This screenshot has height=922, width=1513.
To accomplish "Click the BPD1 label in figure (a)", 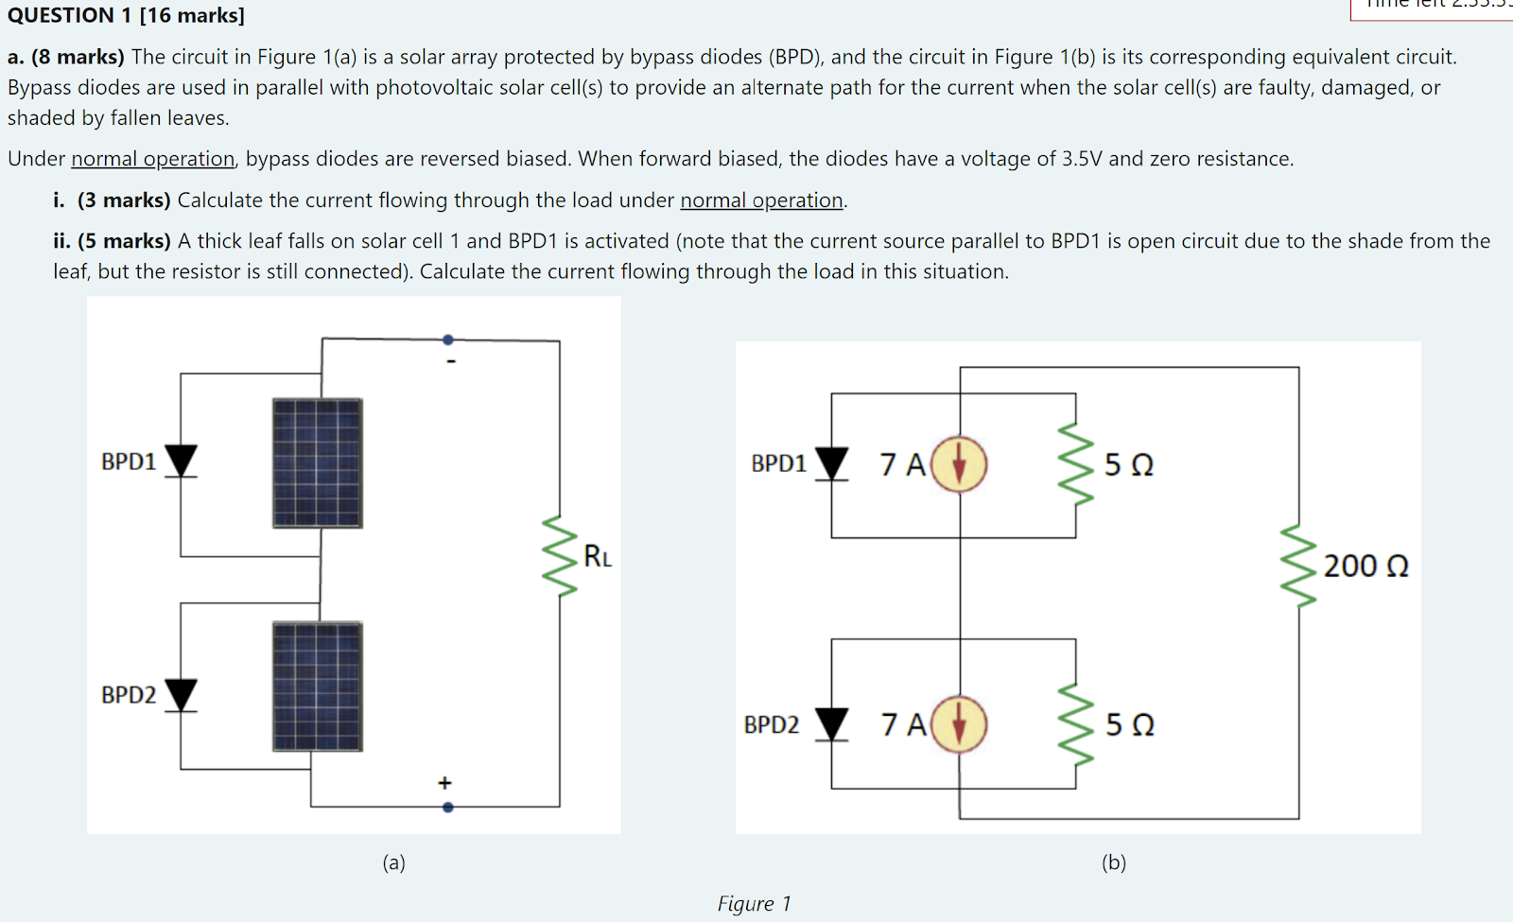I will click(x=129, y=461).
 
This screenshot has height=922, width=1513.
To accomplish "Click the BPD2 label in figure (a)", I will click(x=129, y=695).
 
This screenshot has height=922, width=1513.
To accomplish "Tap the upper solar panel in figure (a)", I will click(x=317, y=462).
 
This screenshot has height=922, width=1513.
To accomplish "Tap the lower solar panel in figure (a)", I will click(x=317, y=687).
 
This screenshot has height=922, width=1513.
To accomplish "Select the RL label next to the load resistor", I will click(x=598, y=557).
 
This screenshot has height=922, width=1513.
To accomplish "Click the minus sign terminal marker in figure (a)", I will click(x=451, y=361).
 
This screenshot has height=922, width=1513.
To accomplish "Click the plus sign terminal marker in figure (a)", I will click(x=444, y=783).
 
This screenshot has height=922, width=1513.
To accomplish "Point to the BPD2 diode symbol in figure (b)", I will click(x=831, y=723).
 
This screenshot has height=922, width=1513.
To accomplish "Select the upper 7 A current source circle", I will click(x=960, y=464).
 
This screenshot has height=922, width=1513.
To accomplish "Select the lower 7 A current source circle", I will click(x=960, y=724).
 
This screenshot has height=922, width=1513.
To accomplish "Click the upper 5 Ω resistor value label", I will click(x=1129, y=465).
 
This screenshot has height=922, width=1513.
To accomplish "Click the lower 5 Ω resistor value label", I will click(x=1130, y=725).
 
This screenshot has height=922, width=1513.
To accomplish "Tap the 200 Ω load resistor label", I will click(x=1365, y=566).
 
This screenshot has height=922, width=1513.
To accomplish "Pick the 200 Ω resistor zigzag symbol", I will click(x=1298, y=567).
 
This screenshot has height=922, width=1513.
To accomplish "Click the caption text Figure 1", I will click(x=754, y=904).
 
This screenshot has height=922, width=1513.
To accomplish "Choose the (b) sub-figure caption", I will click(x=1114, y=862).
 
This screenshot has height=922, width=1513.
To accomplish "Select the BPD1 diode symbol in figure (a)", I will click(x=181, y=461).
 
